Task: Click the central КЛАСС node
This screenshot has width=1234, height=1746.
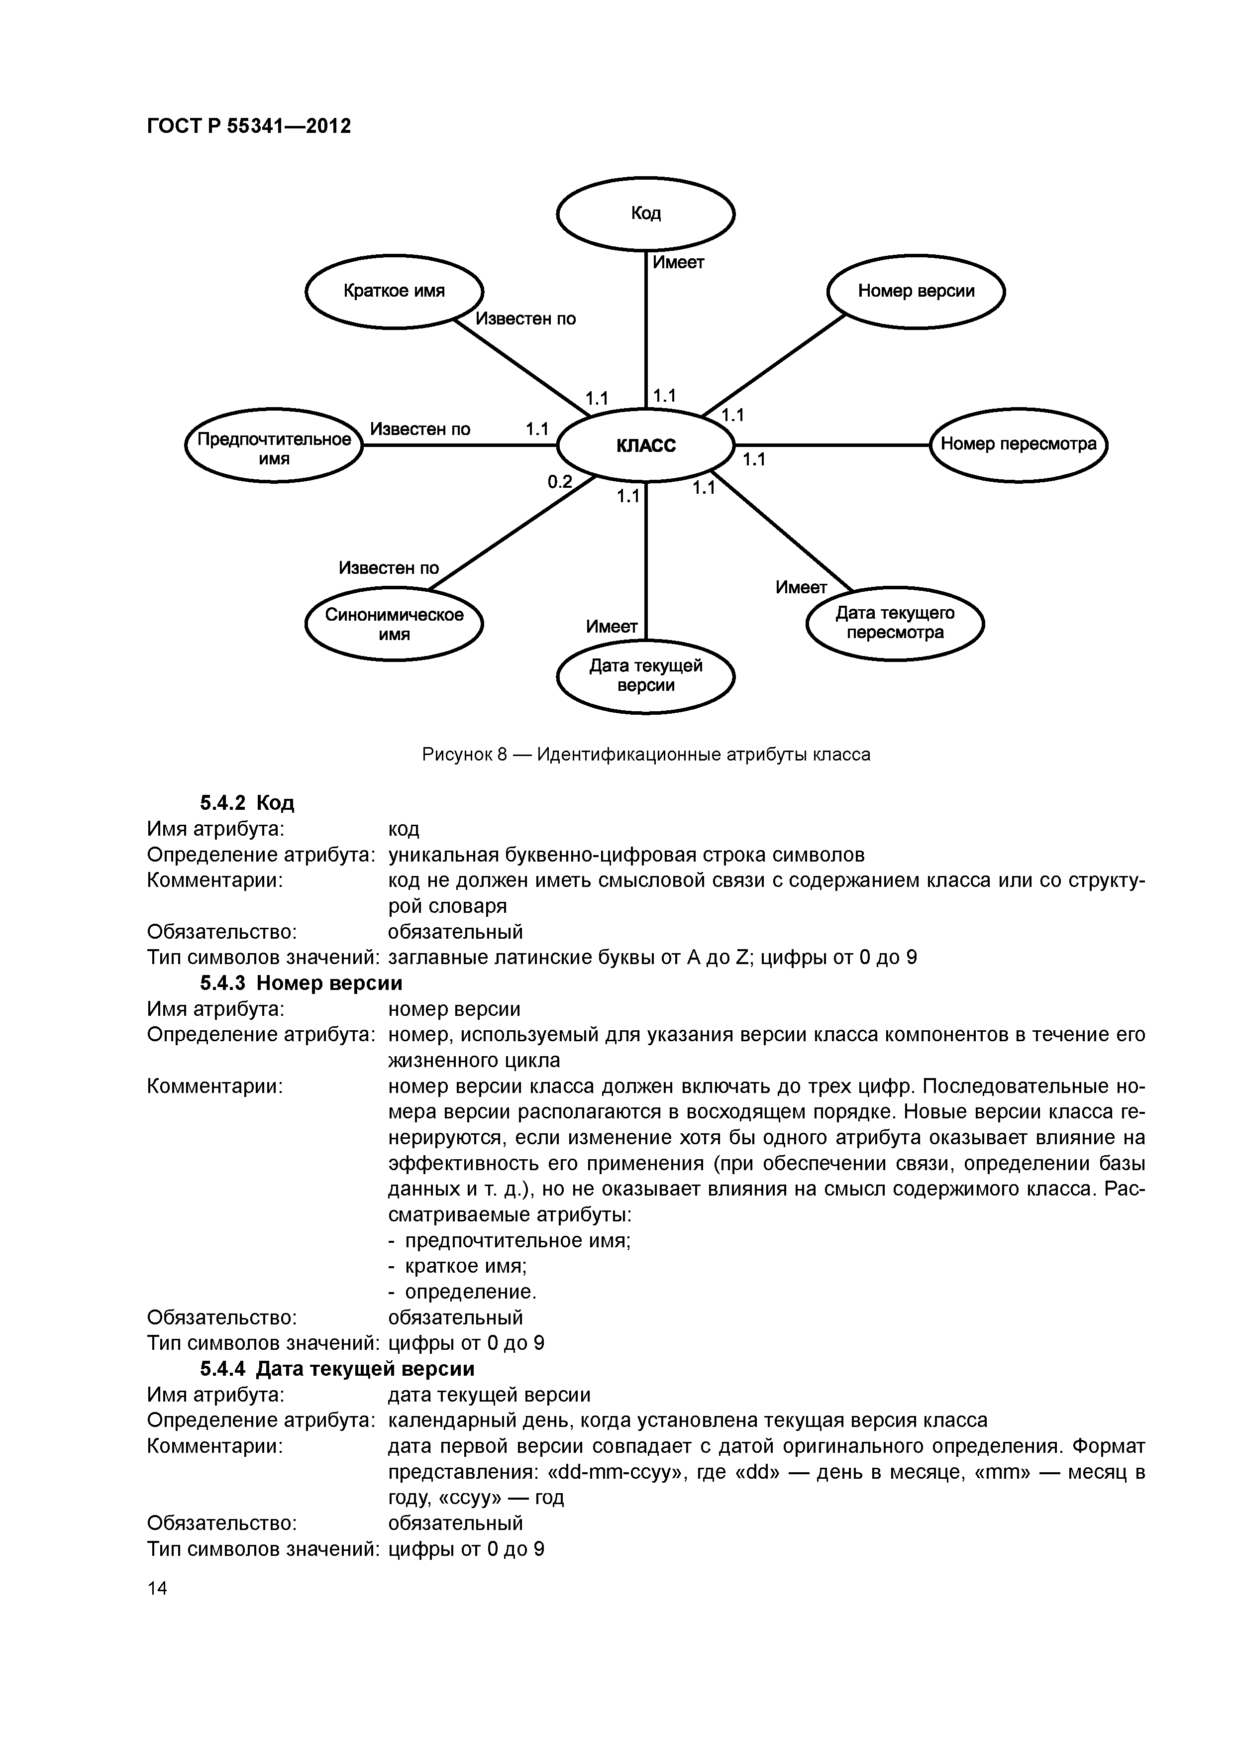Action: coord(645,445)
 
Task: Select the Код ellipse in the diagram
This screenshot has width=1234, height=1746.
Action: coord(645,214)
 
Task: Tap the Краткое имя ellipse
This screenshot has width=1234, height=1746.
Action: coord(394,291)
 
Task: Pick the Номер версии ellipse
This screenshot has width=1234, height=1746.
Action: coord(916,291)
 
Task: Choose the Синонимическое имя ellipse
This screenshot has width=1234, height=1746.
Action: coord(394,624)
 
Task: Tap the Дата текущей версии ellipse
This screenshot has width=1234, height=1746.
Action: coord(645,676)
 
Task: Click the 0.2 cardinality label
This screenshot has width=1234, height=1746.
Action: coord(560,481)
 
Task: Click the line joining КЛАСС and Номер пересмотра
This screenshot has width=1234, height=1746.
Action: coord(832,445)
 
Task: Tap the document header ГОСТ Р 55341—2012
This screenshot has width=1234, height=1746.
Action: coord(249,126)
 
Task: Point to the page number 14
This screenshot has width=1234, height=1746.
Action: coord(157,1588)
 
